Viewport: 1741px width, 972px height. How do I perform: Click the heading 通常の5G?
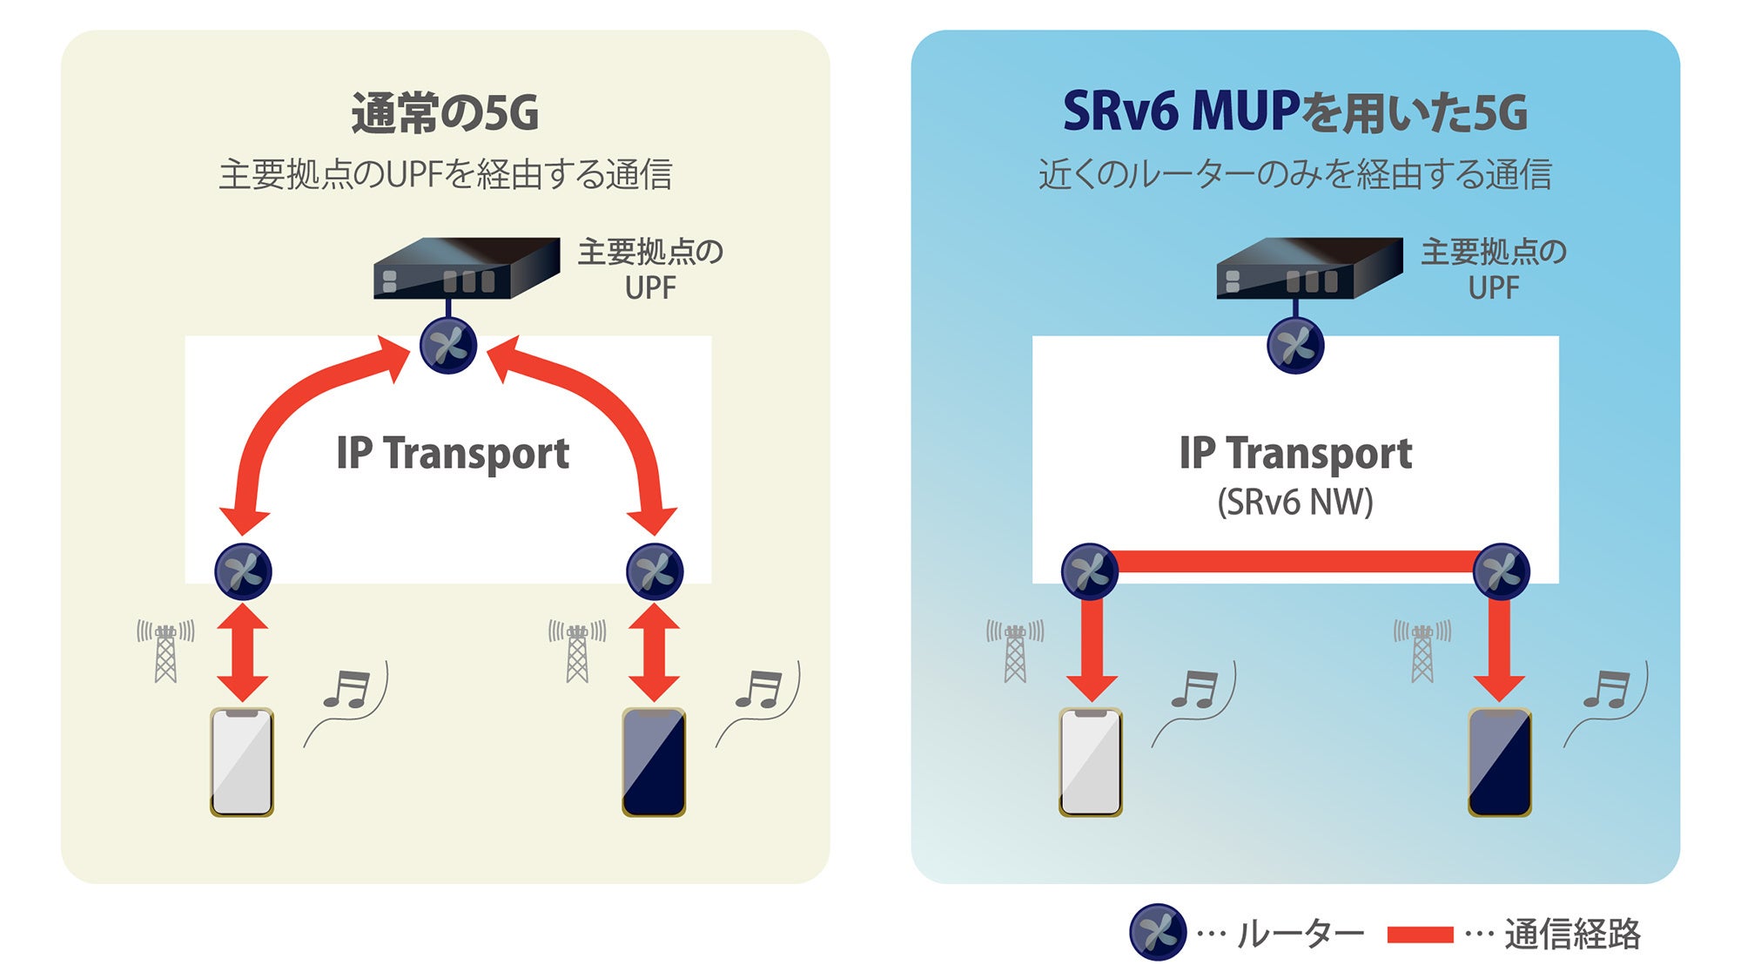[x=445, y=113]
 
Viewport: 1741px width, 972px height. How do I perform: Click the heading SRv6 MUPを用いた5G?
[x=1294, y=113]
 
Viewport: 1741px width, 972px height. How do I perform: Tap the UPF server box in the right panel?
[x=1308, y=268]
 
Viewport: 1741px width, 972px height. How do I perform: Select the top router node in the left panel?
[x=448, y=346]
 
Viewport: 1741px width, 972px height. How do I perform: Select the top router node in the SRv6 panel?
[x=1295, y=346]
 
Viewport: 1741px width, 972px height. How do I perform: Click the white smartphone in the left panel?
[x=242, y=762]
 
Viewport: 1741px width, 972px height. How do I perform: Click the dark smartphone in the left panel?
[x=654, y=762]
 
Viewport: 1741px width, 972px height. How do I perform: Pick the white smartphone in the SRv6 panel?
[x=1090, y=762]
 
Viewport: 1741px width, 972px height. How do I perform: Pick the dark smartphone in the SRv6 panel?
[x=1499, y=762]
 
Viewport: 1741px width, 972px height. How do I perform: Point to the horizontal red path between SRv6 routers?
[x=1295, y=562]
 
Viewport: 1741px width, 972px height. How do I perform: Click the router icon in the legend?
[x=1158, y=933]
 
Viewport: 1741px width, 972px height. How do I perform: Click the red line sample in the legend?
[x=1420, y=935]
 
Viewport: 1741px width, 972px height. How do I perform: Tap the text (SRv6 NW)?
[x=1294, y=503]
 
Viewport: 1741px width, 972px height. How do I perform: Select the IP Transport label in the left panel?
[x=453, y=454]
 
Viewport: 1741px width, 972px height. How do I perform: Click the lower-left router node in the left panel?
[x=243, y=571]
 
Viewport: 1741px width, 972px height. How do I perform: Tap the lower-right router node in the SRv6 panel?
[x=1501, y=571]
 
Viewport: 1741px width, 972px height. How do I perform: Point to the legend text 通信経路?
[x=1572, y=934]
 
